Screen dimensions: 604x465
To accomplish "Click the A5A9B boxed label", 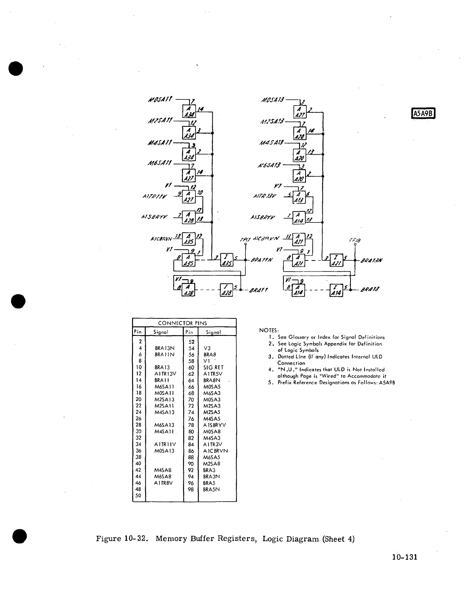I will tap(424, 114).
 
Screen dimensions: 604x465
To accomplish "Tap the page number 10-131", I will tap(404, 557).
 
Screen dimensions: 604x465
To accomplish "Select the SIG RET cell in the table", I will tap(213, 368).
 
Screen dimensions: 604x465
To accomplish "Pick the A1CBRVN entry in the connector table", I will tap(215, 451).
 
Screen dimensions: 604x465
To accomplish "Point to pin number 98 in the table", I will tap(191, 489).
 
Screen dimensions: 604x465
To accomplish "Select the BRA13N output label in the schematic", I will tap(371, 261).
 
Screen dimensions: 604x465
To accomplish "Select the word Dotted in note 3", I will tap(286, 357).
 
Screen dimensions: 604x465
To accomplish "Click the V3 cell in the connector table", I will tap(207, 348).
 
